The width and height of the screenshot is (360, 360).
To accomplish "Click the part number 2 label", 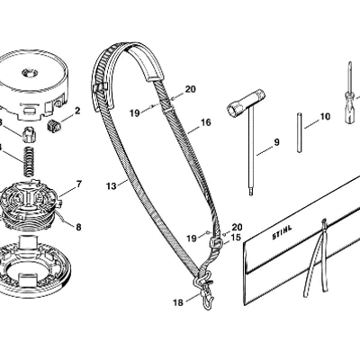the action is tap(77, 111).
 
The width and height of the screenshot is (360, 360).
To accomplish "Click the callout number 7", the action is tap(79, 184).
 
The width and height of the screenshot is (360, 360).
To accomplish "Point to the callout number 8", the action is tap(78, 227).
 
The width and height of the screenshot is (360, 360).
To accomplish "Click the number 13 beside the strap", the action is tap(111, 186).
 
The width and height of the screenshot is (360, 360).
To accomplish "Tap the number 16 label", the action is tap(206, 122).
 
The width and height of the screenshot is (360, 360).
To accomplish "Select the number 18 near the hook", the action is tap(178, 302).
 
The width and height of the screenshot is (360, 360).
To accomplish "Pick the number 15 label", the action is tap(236, 238).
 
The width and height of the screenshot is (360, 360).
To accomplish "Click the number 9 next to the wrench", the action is tap(276, 142).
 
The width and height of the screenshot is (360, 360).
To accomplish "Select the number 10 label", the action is tap(325, 116).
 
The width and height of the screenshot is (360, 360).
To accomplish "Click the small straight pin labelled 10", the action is tap(300, 132).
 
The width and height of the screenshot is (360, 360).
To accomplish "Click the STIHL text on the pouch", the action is tap(282, 232).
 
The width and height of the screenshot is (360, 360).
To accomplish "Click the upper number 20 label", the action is tap(190, 89).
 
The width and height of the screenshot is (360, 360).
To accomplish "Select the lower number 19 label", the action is tap(192, 238).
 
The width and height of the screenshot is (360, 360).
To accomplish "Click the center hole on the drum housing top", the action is tap(30, 72).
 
